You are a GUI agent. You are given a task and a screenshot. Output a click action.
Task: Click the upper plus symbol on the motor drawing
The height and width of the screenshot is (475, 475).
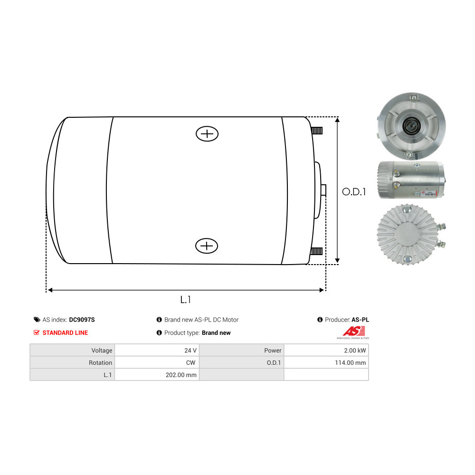207,134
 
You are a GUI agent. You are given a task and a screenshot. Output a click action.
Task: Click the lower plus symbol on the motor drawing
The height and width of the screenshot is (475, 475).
207,246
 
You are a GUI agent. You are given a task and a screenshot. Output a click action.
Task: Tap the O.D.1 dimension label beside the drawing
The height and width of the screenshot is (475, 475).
354,192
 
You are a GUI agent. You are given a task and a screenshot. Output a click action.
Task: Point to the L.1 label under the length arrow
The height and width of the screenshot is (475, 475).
185,300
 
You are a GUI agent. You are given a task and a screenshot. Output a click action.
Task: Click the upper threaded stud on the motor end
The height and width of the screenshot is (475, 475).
317,131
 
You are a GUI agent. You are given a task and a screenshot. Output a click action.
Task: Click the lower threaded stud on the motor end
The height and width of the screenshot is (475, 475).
316,251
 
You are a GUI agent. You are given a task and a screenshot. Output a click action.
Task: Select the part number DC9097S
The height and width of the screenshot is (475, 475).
82,320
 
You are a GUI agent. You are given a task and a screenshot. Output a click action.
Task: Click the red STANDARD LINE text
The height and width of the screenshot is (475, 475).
65,332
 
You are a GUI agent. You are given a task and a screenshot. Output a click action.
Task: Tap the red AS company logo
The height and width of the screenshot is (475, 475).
353,332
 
